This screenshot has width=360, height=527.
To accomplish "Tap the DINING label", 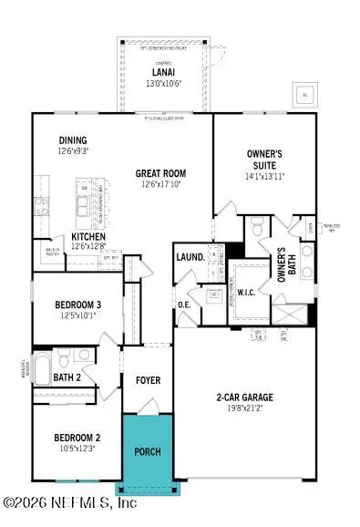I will (73, 140).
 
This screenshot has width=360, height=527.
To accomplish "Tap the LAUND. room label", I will (190, 258).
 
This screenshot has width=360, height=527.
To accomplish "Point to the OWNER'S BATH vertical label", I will (282, 268).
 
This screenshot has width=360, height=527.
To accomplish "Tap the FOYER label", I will (149, 379).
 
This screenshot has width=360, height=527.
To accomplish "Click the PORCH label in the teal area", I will (148, 452).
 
